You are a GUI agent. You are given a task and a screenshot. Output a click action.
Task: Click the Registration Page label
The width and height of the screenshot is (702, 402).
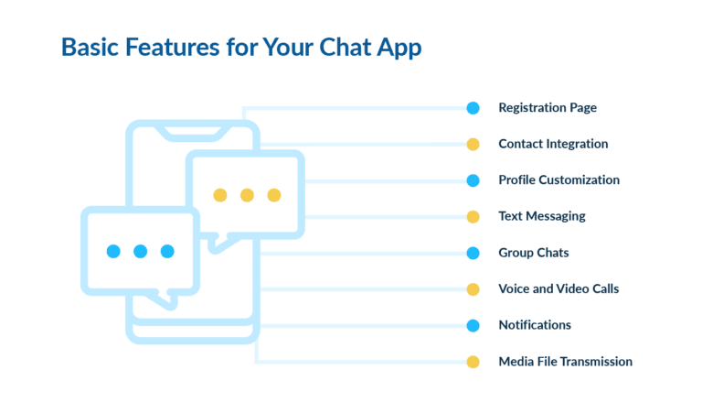547,108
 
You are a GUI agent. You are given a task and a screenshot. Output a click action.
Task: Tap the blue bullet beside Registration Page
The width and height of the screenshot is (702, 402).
473,108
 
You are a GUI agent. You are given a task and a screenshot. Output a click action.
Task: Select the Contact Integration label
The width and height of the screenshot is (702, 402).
553,144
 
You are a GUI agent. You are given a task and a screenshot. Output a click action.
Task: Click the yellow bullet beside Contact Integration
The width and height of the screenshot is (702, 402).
473,144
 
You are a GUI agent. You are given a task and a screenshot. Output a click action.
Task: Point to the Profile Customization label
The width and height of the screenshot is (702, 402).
558,180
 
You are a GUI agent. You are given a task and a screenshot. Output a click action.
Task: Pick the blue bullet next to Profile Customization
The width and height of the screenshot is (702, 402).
473,180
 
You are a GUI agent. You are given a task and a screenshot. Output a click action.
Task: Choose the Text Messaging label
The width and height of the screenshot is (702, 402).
541,216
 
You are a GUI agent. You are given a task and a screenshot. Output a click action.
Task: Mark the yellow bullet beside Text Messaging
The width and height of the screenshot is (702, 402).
473,216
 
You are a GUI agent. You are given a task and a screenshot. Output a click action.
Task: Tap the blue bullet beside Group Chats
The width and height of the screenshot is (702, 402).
473,253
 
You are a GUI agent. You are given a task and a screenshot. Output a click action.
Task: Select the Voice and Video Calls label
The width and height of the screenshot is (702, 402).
558,288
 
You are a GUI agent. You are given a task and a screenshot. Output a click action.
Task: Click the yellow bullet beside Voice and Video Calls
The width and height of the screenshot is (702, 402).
473,288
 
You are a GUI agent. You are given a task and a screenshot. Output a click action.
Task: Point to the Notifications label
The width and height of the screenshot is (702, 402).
535,325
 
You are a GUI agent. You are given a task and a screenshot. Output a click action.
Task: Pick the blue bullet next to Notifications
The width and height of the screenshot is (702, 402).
473,325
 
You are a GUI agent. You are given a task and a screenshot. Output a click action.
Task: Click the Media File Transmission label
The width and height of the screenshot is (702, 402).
565,362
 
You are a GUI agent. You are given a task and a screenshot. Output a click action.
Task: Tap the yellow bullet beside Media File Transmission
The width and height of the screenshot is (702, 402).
473,362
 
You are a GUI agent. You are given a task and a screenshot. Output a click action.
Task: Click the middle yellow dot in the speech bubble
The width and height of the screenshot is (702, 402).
247,195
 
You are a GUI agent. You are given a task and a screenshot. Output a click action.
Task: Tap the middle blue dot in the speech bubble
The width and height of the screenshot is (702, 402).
140,251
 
